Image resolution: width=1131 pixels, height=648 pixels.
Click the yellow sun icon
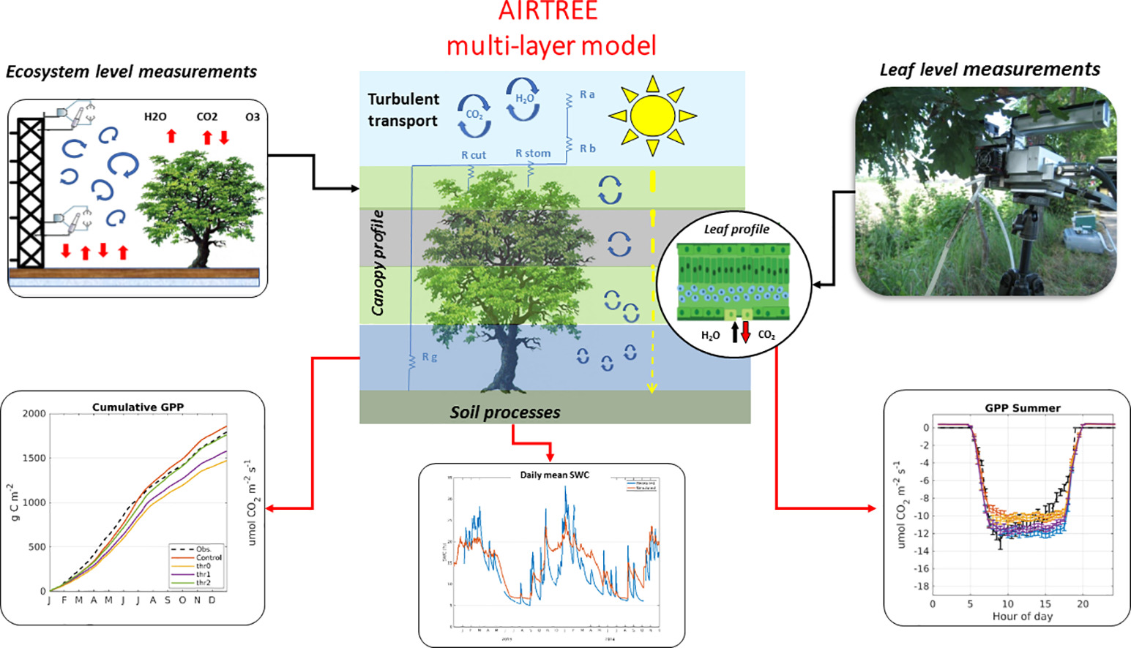click(x=652, y=116)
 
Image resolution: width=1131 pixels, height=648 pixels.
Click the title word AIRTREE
click(x=548, y=11)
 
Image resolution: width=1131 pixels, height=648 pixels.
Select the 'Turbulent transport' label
click(x=403, y=110)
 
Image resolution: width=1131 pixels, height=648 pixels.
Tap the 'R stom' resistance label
click(x=532, y=154)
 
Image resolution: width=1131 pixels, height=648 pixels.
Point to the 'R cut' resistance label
click(x=473, y=155)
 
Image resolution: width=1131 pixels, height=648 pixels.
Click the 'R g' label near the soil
click(x=430, y=357)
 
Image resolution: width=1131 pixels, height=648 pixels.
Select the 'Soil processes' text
click(x=505, y=412)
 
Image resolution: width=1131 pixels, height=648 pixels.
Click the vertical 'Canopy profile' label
click(x=378, y=263)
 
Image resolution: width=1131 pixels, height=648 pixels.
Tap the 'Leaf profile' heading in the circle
click(x=736, y=229)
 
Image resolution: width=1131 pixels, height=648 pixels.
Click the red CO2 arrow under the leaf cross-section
click(x=746, y=331)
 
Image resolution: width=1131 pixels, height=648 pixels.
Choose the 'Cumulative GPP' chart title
click(x=138, y=407)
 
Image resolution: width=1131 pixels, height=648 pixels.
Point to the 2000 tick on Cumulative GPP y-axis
click(x=34, y=414)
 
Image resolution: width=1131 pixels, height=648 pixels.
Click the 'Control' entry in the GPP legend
click(x=209, y=557)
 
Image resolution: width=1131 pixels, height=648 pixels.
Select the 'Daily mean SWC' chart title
click(x=554, y=475)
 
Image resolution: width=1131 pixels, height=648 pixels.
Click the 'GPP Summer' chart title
click(x=1022, y=408)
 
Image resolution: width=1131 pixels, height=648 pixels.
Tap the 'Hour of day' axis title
click(x=1022, y=617)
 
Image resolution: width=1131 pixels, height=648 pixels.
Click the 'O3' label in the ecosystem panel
click(x=252, y=117)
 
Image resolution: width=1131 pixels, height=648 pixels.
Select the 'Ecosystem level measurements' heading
click(x=132, y=72)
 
